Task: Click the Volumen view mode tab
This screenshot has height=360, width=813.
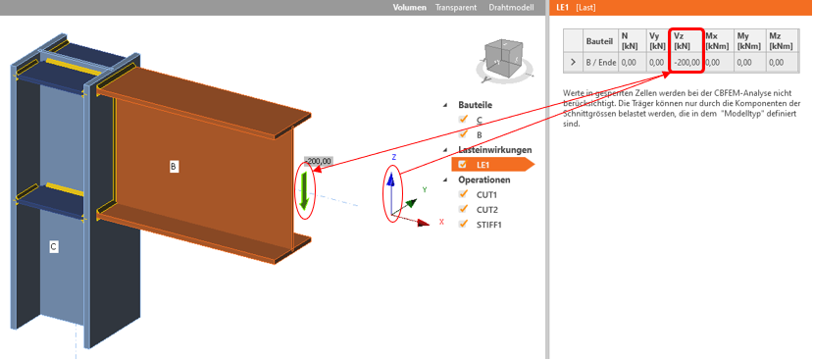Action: [410, 7]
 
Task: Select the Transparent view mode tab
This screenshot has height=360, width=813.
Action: [456, 7]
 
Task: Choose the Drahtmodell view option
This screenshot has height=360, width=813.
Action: [511, 7]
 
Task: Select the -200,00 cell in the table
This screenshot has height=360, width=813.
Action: [686, 62]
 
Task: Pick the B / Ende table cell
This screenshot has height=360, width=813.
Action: [601, 62]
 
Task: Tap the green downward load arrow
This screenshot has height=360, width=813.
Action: [304, 190]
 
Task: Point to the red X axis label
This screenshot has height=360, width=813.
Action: [441, 222]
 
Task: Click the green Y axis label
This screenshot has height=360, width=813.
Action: [425, 190]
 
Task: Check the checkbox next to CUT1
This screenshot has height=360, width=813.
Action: [463, 194]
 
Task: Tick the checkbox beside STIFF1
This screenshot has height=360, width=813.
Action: [463, 224]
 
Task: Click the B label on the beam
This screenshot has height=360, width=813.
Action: [174, 167]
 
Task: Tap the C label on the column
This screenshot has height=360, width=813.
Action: [53, 246]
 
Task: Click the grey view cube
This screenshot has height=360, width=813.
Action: [502, 60]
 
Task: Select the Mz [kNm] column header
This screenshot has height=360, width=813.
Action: [782, 40]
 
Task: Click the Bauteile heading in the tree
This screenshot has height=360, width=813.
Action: [476, 105]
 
